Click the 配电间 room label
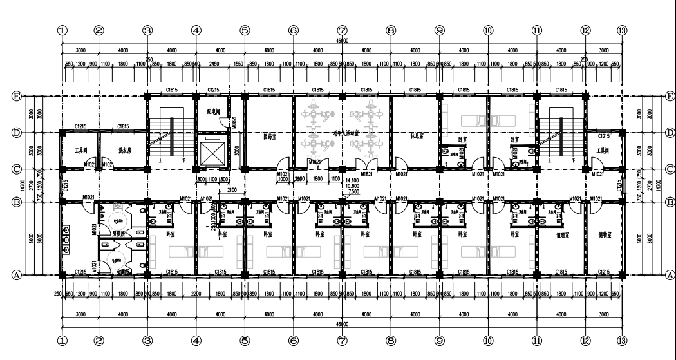pyautogui.click(x=214, y=111)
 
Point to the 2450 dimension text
pyautogui.click(x=214, y=64)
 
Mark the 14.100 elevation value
pyautogui.click(x=353, y=181)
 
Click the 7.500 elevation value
pyautogui.click(x=353, y=191)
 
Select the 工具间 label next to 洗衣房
pyautogui.click(x=80, y=150)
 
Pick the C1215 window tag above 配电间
pyautogui.click(x=214, y=90)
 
